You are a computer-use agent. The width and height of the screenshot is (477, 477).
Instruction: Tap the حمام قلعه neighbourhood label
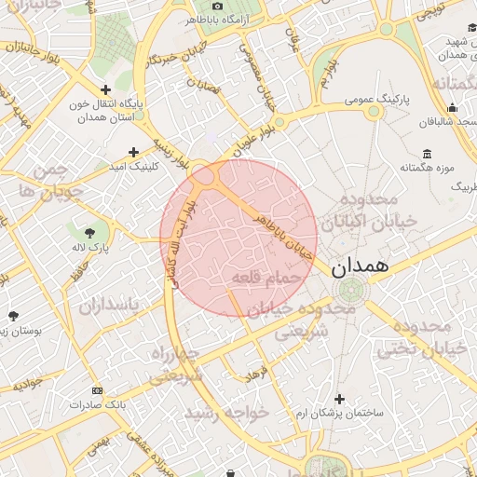click(x=266, y=277)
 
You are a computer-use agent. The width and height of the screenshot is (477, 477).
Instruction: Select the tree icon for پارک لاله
click(x=90, y=233)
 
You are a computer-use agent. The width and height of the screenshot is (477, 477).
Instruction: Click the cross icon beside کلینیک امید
click(x=134, y=151)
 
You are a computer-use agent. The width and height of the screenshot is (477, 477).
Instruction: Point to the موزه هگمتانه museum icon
click(x=427, y=153)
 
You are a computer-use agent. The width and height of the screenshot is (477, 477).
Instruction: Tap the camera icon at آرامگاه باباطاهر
click(x=218, y=5)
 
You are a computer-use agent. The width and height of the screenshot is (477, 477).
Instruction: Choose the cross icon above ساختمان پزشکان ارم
click(x=338, y=398)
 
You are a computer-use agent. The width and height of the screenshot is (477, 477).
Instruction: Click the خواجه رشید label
click(x=227, y=411)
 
